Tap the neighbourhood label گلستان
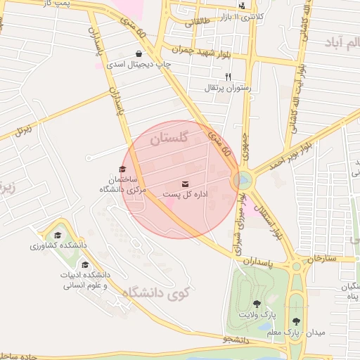pos(169,139)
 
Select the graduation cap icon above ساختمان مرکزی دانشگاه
pos(122,169)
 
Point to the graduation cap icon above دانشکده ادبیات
pos(85,265)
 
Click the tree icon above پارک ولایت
pos(257,304)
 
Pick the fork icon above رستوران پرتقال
pos(227,77)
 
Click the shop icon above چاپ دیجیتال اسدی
pos(139,53)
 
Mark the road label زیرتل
pos(24,130)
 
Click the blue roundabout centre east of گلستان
pos(243,180)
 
